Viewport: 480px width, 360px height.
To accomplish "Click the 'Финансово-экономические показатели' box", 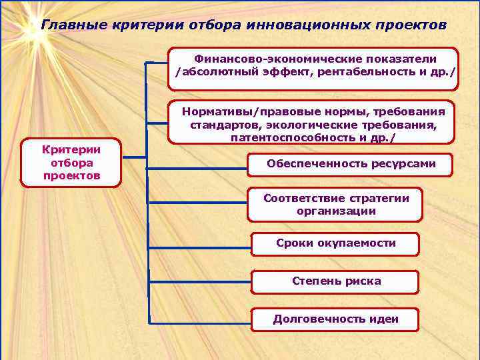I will [315, 68].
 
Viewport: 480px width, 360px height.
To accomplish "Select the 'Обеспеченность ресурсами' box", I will [351, 164].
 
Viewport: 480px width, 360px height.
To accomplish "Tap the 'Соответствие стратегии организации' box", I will [336, 205].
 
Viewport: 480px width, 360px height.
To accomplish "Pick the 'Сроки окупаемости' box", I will [336, 243].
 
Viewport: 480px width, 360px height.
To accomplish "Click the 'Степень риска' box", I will [336, 281].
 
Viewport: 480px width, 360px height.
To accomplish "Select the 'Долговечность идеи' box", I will [336, 319].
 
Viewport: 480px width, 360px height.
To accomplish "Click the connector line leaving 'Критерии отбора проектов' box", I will [133, 158].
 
